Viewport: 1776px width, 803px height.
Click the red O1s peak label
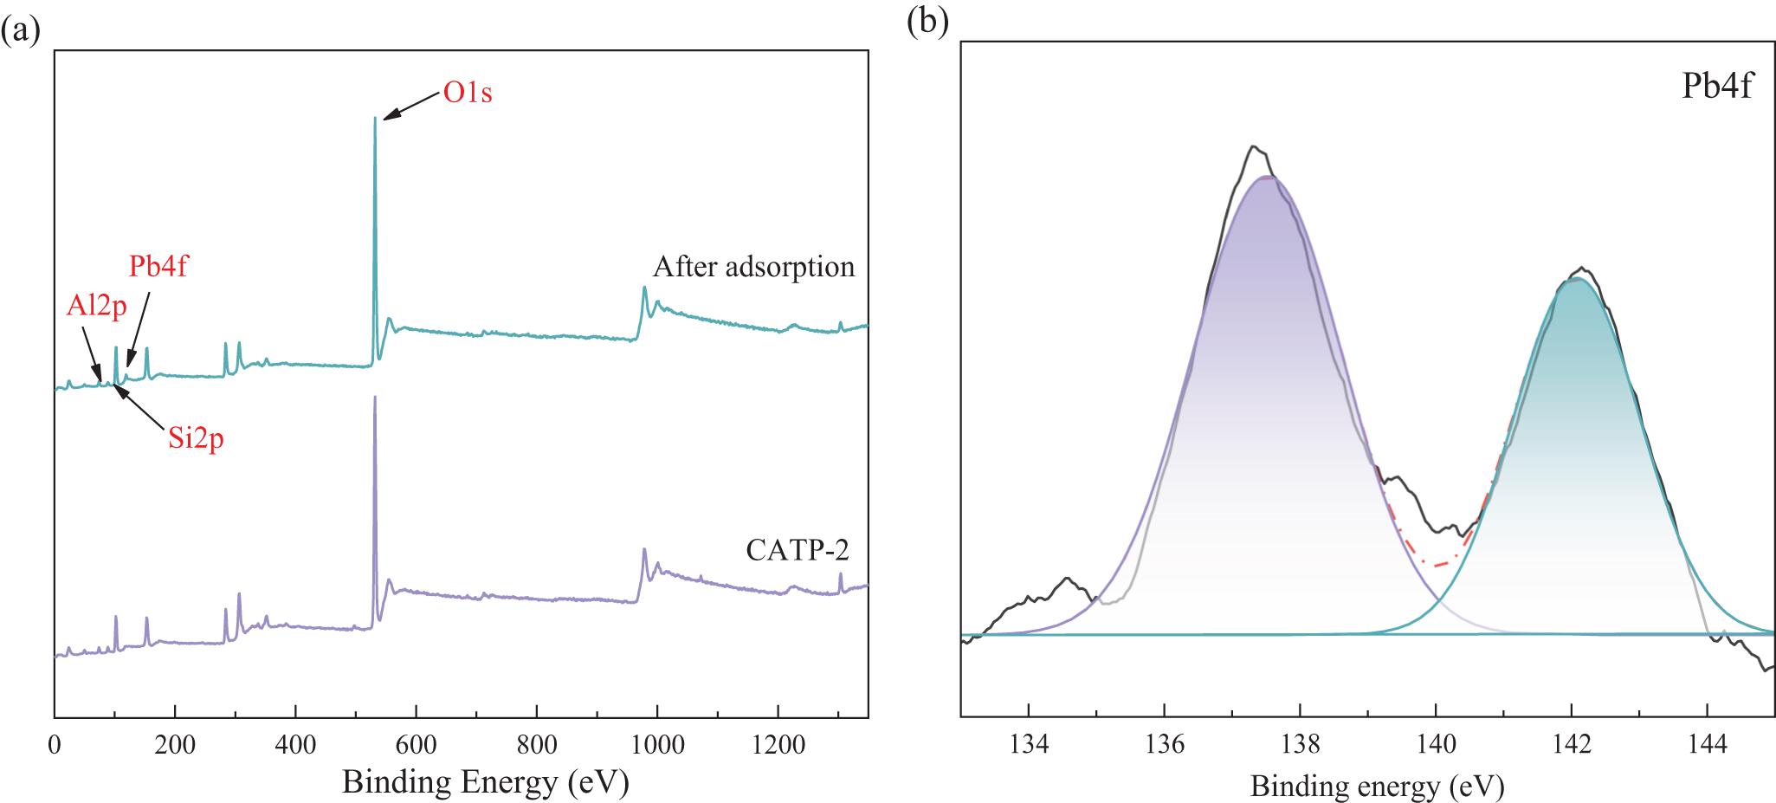468,93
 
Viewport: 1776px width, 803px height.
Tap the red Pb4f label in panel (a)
158,266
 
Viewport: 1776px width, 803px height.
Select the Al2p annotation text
97,305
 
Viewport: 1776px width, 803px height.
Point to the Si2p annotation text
196,438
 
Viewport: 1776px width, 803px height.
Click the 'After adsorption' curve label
753,267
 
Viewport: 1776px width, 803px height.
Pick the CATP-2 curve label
797,550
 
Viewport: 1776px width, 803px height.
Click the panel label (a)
20,30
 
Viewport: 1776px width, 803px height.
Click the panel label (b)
927,21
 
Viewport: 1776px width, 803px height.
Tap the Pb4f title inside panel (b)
1716,86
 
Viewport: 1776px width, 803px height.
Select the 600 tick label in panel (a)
416,745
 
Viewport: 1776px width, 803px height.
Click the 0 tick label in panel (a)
55,745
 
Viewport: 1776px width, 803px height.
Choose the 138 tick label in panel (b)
1300,744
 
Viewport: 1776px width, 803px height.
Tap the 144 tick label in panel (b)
1707,744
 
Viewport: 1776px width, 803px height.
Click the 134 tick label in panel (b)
1029,744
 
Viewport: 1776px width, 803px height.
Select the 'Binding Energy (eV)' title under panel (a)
485,782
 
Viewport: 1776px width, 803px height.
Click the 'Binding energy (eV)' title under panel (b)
1377,787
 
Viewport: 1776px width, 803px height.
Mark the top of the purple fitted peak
1268,177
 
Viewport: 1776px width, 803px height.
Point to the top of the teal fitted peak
1578,279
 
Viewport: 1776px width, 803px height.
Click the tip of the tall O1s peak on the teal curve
375,119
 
